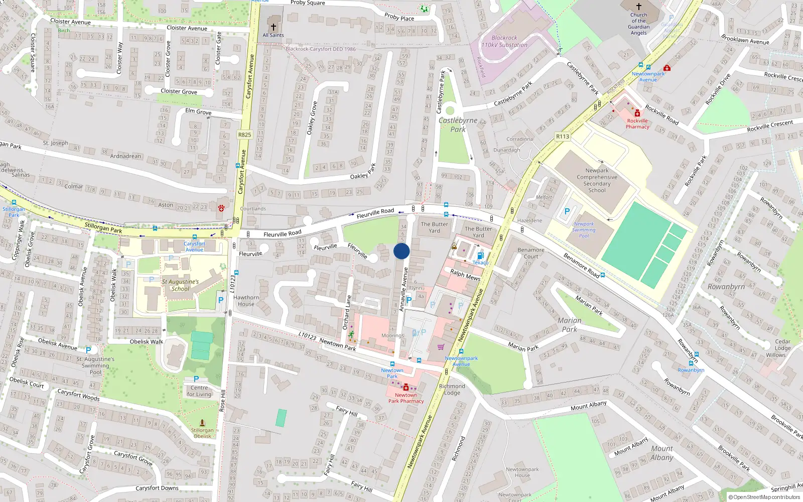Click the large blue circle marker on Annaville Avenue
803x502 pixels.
[x=401, y=251]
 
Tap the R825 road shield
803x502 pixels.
[x=244, y=135]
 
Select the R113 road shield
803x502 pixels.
[x=563, y=137]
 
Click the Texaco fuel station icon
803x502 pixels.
[x=480, y=256]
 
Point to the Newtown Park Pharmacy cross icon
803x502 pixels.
[x=406, y=388]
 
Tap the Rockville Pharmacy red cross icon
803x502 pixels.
[x=637, y=113]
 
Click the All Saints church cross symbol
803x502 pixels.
[x=273, y=27]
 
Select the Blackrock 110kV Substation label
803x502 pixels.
[x=504, y=41]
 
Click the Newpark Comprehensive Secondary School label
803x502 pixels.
[x=597, y=180]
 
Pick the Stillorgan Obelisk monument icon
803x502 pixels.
[x=202, y=423]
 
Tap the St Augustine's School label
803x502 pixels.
[x=180, y=285]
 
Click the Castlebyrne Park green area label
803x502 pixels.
[x=458, y=124]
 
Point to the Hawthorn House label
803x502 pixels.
[x=246, y=301]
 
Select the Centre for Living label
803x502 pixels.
[x=199, y=391]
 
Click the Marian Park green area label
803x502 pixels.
[x=569, y=325]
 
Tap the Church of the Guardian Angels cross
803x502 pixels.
[x=638, y=7]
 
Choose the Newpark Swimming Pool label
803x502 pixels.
[x=584, y=230]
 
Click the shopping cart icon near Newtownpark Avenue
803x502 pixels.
[x=441, y=346]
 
